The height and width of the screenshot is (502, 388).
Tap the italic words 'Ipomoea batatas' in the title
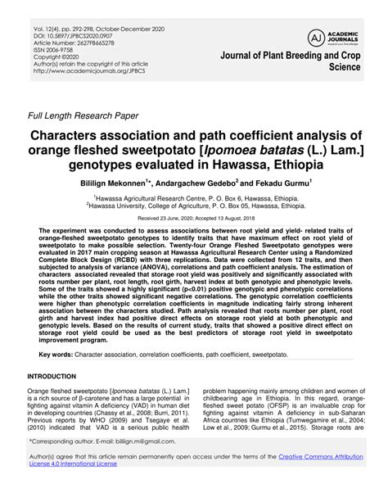coord(228,150)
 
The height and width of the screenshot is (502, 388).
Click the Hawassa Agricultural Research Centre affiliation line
coord(194,199)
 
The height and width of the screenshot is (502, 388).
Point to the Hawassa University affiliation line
coord(194,208)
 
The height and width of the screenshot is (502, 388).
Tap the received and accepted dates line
coord(194,220)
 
